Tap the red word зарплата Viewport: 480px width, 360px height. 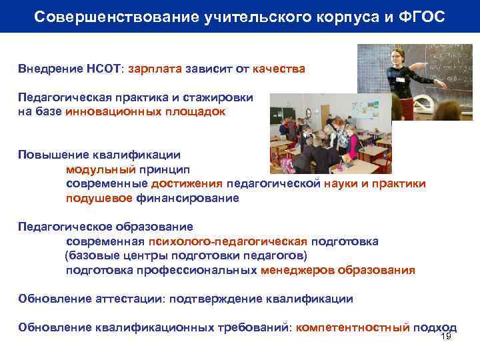tap(154, 69)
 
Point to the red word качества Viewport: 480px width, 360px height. tap(279, 69)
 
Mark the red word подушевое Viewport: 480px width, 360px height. tap(99, 198)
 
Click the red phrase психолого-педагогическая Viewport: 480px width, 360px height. tap(228, 241)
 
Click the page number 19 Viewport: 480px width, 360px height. tap(447, 337)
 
